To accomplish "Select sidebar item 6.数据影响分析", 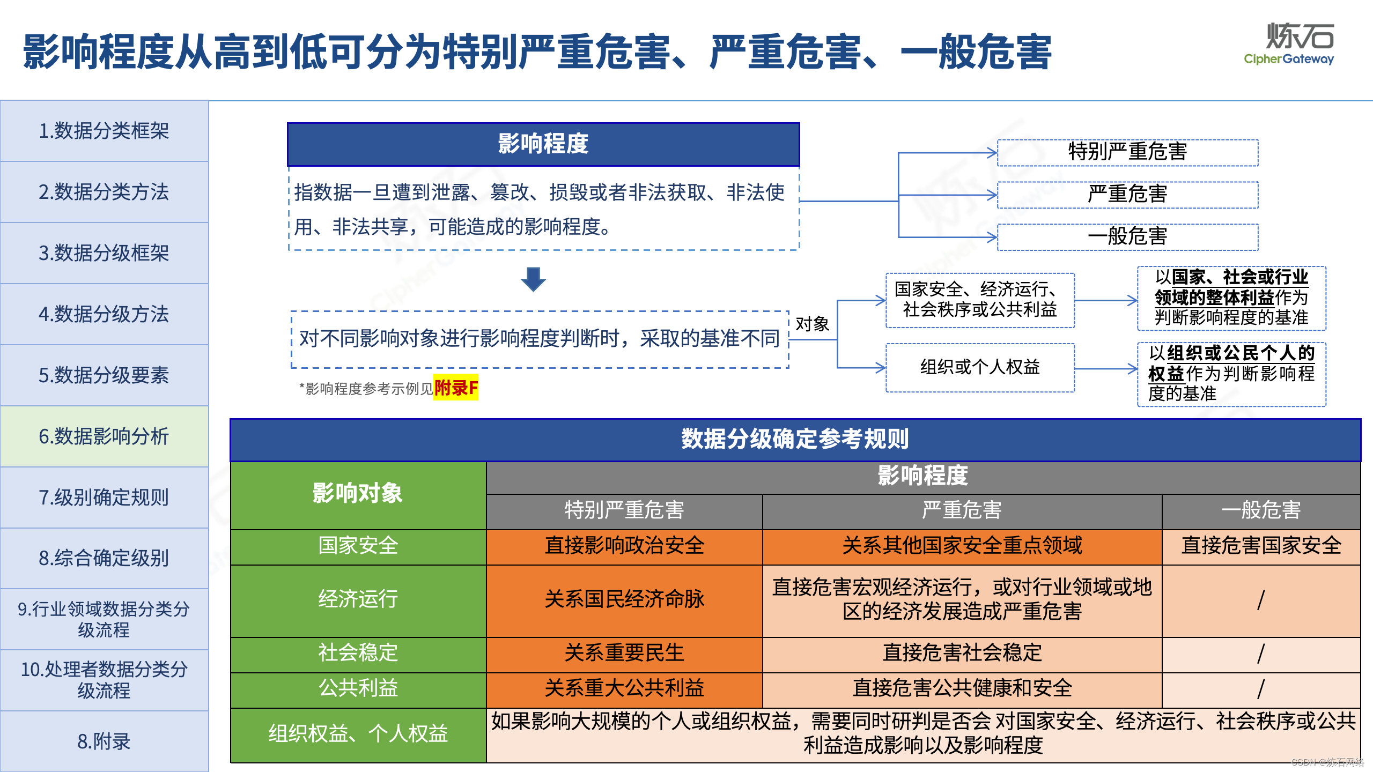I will [104, 436].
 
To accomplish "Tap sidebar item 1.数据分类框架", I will [104, 131].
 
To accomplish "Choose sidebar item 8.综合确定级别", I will [104, 558].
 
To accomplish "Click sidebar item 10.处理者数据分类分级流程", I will [104, 680].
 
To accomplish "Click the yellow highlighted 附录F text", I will [456, 388].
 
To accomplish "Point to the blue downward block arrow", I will [533, 279].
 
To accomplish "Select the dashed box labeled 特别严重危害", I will [1127, 152].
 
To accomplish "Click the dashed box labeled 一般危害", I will [1127, 236].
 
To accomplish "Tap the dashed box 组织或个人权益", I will [980, 367].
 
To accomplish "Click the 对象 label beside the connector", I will [812, 324].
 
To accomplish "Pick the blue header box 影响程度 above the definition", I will [543, 144].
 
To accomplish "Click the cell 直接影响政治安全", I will [624, 546].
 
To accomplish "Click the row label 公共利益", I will [358, 688].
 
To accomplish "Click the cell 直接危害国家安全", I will [1261, 546].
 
